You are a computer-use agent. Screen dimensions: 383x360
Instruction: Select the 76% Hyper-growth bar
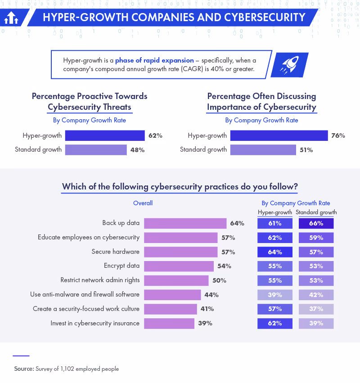pos(279,135)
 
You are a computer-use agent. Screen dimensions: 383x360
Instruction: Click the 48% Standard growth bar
pos(96,150)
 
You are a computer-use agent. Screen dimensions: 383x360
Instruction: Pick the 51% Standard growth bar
pos(263,150)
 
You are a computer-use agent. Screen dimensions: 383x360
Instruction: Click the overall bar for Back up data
pos(185,223)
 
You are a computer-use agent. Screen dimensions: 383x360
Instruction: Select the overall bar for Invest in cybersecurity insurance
pos(169,323)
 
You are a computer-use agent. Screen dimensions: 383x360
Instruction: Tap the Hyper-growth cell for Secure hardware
pos(275,252)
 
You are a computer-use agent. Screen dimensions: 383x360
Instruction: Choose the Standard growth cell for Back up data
pos(316,223)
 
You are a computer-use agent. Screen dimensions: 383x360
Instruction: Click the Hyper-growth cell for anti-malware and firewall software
pos(275,295)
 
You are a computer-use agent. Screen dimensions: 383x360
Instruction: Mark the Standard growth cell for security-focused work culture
pos(316,309)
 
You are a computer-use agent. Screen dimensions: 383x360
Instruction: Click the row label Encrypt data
pos(121,266)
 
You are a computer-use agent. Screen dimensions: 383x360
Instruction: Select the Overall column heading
pos(143,203)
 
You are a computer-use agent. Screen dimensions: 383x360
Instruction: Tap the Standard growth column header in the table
pos(316,212)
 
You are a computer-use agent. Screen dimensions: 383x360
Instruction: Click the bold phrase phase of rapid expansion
pos(154,60)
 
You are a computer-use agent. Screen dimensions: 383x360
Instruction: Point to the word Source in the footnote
pos(23,369)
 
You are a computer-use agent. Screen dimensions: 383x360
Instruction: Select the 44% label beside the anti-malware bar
pos(211,295)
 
